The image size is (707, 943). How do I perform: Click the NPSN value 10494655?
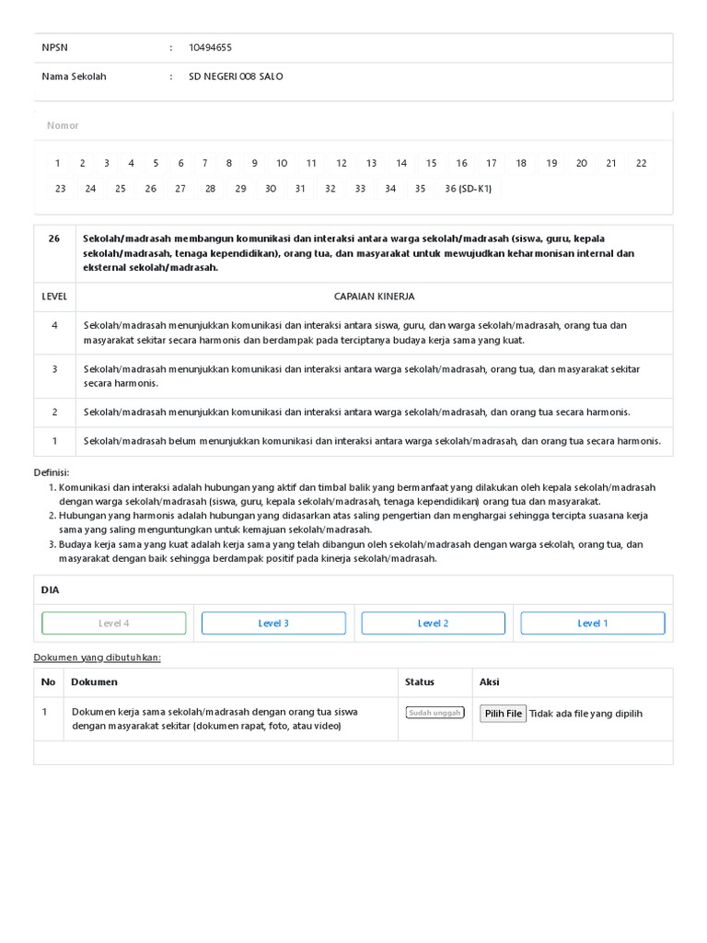point(210,47)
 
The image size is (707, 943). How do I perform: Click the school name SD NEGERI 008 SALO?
point(236,76)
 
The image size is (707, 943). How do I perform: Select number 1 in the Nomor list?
point(57,163)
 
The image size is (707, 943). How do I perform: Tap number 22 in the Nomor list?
point(641,163)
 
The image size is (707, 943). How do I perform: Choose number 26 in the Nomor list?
point(150,189)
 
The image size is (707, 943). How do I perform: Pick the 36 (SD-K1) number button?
point(468,189)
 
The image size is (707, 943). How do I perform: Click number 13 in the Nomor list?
point(371,163)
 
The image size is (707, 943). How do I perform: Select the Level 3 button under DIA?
point(273,623)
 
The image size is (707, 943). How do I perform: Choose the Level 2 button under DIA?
point(433,623)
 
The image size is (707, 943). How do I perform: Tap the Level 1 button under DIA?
point(592,623)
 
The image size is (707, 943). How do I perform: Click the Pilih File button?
point(503,713)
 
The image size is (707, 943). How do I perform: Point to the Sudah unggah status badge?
point(435,713)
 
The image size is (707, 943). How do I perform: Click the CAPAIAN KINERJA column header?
point(374,297)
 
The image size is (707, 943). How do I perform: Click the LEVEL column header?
point(54,297)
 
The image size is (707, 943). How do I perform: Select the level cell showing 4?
point(54,325)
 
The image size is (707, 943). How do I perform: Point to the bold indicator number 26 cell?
point(54,239)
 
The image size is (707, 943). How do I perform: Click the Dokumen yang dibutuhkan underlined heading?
point(97,658)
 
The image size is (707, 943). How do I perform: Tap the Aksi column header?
point(489,682)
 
